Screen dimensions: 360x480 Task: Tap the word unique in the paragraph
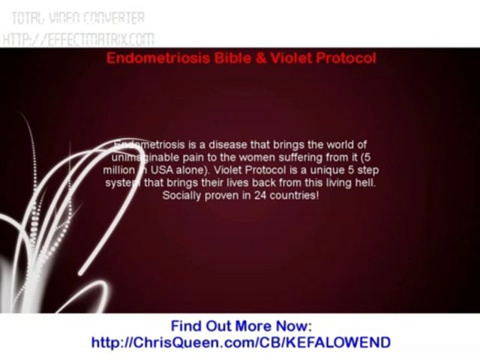click(320, 170)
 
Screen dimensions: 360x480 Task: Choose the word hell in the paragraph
click(367, 182)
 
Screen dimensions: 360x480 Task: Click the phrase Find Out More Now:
click(241, 326)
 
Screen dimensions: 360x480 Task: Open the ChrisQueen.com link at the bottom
click(240, 342)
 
